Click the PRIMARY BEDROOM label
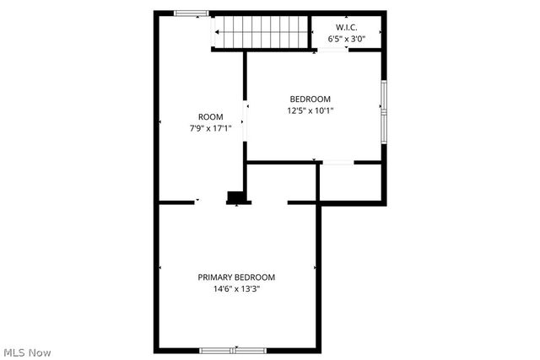click(236, 277)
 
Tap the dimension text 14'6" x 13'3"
click(236, 289)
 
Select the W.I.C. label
click(347, 27)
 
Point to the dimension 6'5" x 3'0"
click(347, 39)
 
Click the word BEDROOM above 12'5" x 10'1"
click(310, 98)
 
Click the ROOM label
click(210, 116)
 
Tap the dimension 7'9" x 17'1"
click(210, 128)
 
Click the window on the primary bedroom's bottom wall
click(233, 350)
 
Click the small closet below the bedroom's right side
click(351, 182)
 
